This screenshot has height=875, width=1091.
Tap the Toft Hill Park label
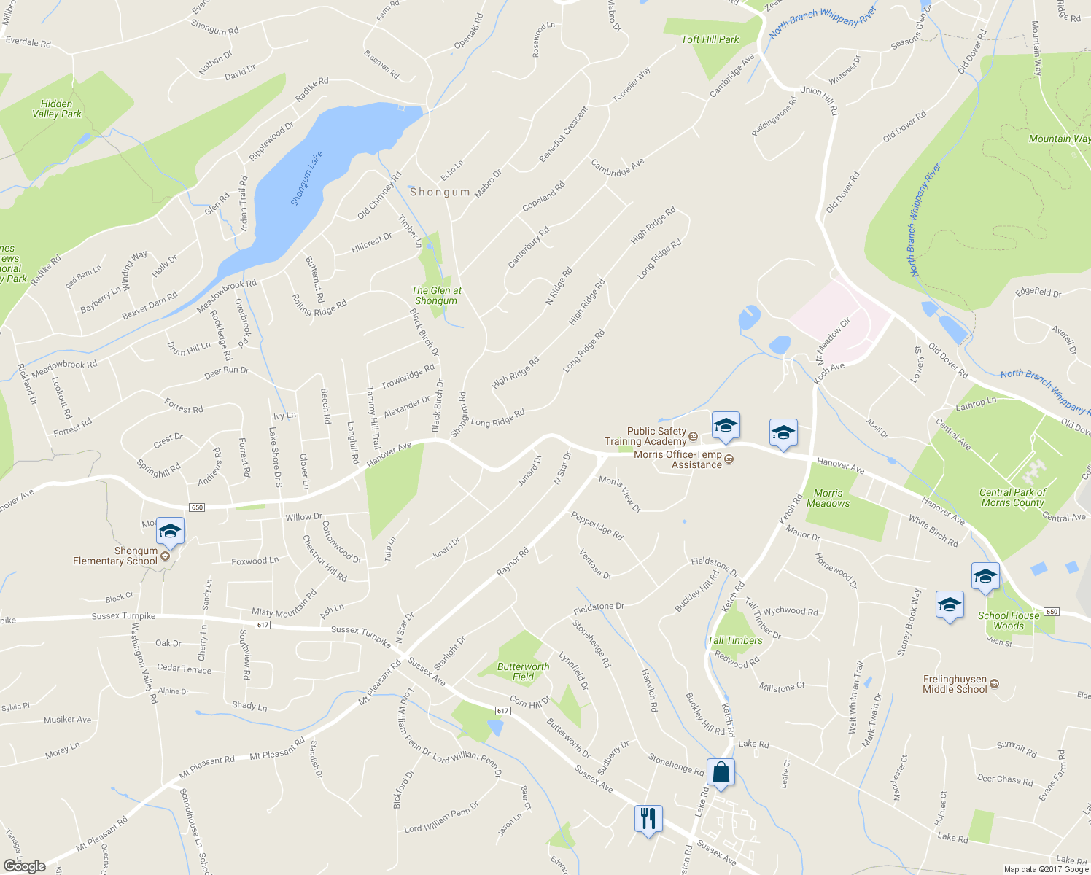pos(710,39)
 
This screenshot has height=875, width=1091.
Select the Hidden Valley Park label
pos(57,109)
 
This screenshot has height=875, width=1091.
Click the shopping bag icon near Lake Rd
pos(721,773)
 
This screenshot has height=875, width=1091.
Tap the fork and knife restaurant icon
pos(648,819)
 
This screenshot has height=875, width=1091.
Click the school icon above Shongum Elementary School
pos(169,531)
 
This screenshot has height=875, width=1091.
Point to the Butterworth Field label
pos(523,672)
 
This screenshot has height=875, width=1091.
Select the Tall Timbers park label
pos(735,640)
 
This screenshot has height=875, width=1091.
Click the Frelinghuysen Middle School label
pos(955,684)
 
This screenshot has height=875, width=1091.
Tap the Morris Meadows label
pos(828,498)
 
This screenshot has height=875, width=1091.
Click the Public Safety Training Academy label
pos(645,436)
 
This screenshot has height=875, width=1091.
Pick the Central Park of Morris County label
pos(1012,497)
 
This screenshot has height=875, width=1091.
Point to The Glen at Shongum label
pos(436,295)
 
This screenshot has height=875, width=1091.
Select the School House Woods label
pos(1009,621)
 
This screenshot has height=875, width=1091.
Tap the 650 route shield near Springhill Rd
pos(196,507)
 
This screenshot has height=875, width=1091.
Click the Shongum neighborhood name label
pos(440,192)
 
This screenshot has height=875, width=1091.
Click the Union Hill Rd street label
pos(820,99)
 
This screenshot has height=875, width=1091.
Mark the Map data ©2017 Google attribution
pos(1046,868)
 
